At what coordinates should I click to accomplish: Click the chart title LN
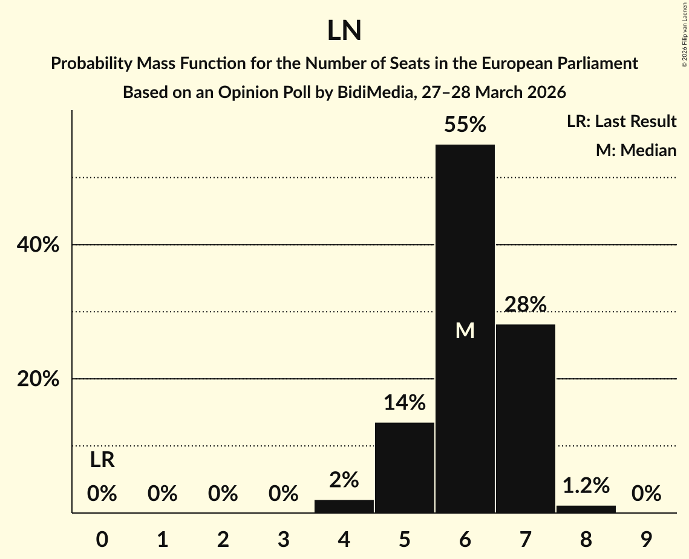(344, 31)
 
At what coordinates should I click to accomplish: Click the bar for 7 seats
(525, 417)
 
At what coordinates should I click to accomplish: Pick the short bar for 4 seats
(344, 506)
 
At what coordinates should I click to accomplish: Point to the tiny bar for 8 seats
(586, 509)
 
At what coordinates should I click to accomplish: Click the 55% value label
(465, 125)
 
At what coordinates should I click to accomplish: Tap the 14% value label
(405, 402)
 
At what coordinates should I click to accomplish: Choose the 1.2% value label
(586, 485)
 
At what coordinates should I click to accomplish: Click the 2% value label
(344, 480)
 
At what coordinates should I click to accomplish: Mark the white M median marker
(465, 330)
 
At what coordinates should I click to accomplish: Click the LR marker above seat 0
(102, 460)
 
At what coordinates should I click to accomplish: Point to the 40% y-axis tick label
(38, 245)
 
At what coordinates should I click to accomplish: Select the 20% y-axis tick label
(38, 379)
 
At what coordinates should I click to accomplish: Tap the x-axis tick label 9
(646, 540)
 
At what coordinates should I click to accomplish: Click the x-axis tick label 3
(284, 540)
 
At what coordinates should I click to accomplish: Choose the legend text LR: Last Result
(621, 122)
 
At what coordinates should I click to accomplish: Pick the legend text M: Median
(636, 150)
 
